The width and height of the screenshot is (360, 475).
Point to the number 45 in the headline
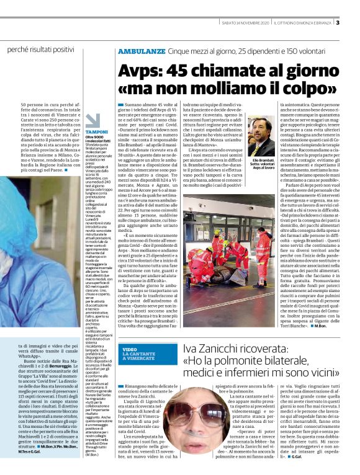(179, 69)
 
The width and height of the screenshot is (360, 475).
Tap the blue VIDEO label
(130, 350)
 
